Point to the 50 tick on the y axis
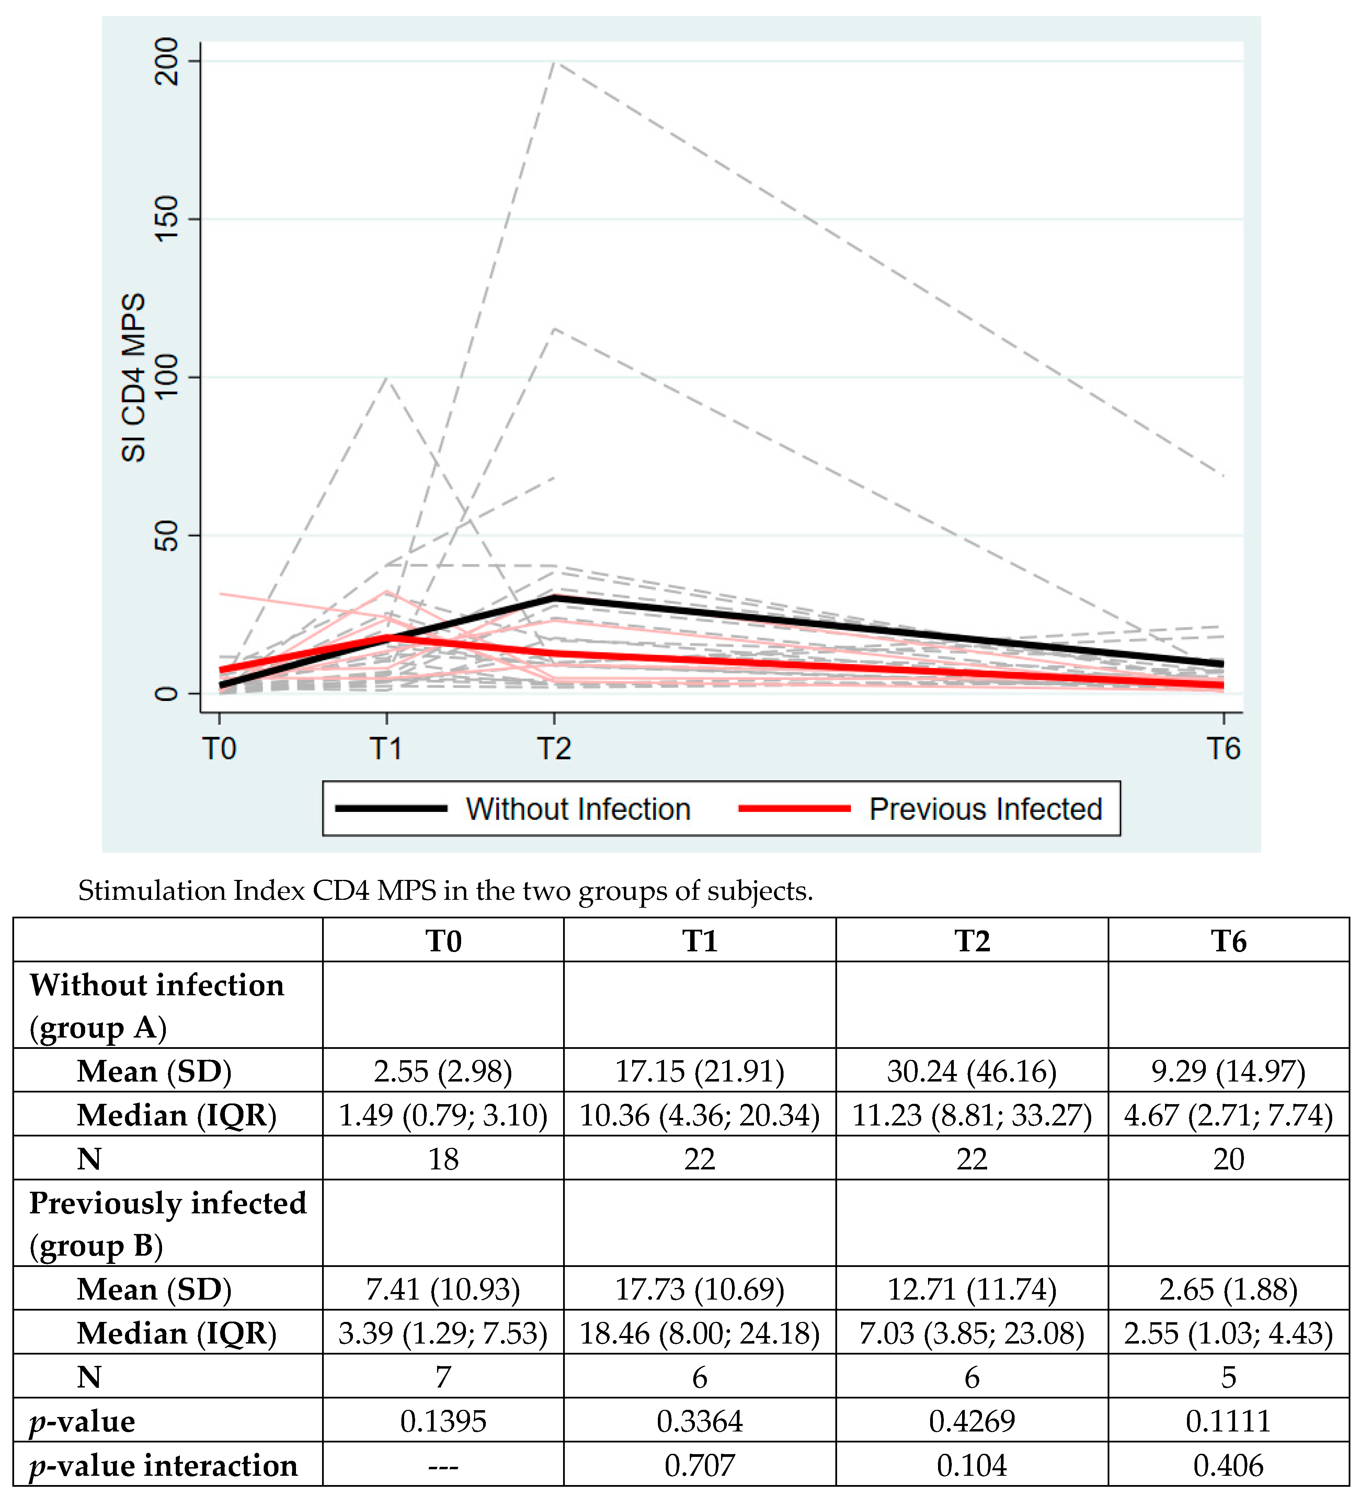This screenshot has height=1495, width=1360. (x=167, y=535)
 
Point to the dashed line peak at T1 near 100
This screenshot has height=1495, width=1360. (x=386, y=379)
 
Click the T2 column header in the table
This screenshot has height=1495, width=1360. (x=971, y=941)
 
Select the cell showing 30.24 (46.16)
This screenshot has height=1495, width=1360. (x=971, y=1071)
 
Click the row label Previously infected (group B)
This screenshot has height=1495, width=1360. (x=168, y=1224)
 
